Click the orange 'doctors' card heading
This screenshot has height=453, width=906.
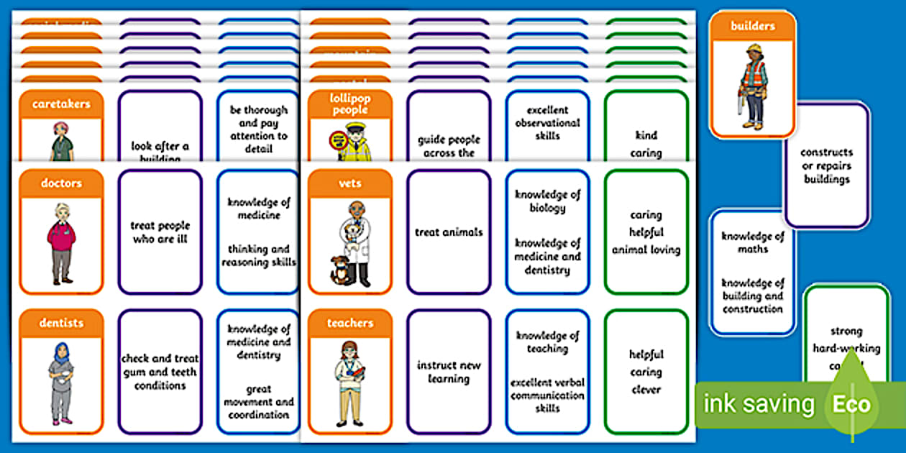pyautogui.click(x=61, y=183)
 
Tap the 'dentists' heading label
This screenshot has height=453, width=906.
pyautogui.click(x=61, y=324)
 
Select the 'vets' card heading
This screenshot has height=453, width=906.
pyautogui.click(x=350, y=183)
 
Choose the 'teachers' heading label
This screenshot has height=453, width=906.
pyautogui.click(x=350, y=324)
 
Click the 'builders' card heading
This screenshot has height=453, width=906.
pyautogui.click(x=753, y=26)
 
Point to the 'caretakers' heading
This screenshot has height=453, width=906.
pyautogui.click(x=61, y=104)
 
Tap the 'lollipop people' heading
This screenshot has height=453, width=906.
pyautogui.click(x=350, y=104)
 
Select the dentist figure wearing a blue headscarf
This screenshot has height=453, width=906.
pyautogui.click(x=61, y=382)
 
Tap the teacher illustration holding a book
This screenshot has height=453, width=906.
pyautogui.click(x=350, y=382)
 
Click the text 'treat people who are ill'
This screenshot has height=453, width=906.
pyautogui.click(x=160, y=232)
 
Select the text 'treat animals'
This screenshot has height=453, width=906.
pyautogui.click(x=449, y=232)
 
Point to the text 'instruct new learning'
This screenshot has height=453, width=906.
pyautogui.click(x=449, y=372)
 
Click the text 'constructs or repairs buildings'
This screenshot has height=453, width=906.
pyautogui.click(x=827, y=165)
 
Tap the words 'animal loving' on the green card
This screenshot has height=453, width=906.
pyautogui.click(x=646, y=250)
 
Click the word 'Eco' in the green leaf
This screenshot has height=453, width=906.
pyautogui.click(x=851, y=404)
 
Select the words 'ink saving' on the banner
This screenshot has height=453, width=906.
pyautogui.click(x=759, y=404)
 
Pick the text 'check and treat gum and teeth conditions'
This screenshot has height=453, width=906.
pyautogui.click(x=160, y=372)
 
